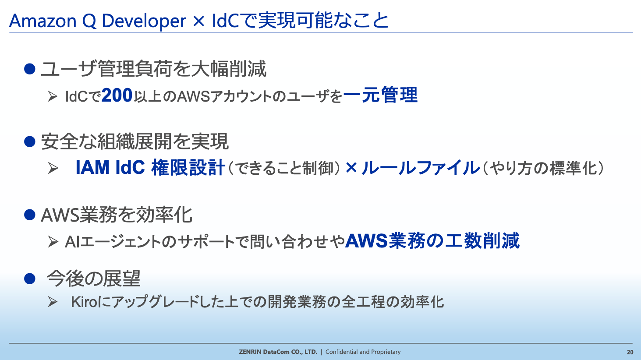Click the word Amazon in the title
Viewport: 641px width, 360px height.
pyautogui.click(x=42, y=21)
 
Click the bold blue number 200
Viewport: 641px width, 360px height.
pyautogui.click(x=117, y=95)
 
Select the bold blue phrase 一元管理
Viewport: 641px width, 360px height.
pyautogui.click(x=380, y=95)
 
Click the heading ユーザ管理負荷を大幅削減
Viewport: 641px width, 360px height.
pyautogui.click(x=154, y=69)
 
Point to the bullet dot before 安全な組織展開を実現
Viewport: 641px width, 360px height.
pyautogui.click(x=30, y=141)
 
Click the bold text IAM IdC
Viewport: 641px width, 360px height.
pyautogui.click(x=110, y=167)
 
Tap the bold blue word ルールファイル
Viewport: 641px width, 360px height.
pyautogui.click(x=421, y=168)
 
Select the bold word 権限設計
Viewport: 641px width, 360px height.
pyautogui.click(x=188, y=167)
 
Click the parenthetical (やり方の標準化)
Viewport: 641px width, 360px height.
pyautogui.click(x=543, y=168)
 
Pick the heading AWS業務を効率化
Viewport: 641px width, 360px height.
pyautogui.click(x=117, y=215)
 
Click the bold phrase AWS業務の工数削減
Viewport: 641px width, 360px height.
pyautogui.click(x=432, y=241)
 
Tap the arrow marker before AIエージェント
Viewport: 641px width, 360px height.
pyautogui.click(x=53, y=242)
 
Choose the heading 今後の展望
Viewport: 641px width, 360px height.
pyautogui.click(x=93, y=279)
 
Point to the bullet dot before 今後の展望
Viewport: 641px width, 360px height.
pyautogui.click(x=30, y=279)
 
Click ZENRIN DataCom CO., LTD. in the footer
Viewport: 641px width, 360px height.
pyautogui.click(x=278, y=352)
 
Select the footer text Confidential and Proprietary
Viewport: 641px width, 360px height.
pyautogui.click(x=363, y=352)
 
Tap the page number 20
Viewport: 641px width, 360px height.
pyautogui.click(x=630, y=352)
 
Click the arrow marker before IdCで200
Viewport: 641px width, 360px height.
pyautogui.click(x=53, y=96)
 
